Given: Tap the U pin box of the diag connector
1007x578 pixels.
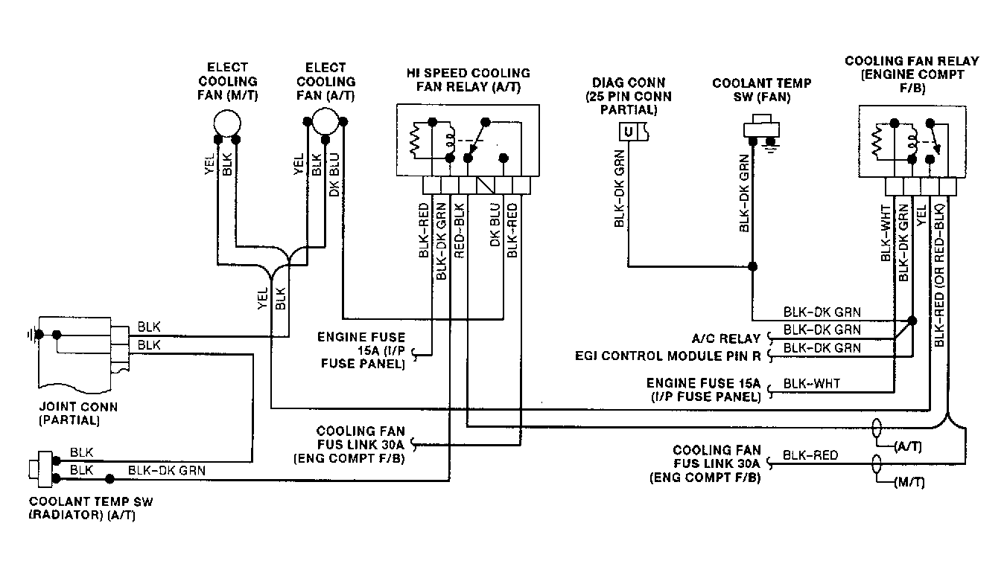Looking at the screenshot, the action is (x=628, y=132).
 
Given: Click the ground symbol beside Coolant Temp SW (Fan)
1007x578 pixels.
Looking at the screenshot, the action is (x=772, y=144).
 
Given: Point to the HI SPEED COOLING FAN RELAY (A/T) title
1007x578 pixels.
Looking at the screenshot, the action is (x=468, y=80).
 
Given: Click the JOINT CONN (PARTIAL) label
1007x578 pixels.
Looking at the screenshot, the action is (x=78, y=414).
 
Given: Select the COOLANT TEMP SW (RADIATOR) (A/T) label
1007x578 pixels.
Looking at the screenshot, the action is (x=91, y=508).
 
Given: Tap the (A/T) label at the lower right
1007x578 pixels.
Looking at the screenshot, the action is (x=908, y=447).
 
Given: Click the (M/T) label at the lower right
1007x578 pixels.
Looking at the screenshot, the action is (x=909, y=483).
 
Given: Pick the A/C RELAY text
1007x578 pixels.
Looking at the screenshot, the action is (x=726, y=338).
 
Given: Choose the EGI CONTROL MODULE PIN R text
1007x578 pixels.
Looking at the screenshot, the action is (x=667, y=356).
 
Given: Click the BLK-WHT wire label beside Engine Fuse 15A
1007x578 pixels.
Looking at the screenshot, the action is (x=811, y=384).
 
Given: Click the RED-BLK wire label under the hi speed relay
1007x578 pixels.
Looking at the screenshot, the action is (x=459, y=231).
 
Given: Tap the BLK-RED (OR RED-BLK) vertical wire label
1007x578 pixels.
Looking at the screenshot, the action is (x=939, y=274).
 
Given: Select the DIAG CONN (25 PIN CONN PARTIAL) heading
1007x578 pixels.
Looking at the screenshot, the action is (x=628, y=96).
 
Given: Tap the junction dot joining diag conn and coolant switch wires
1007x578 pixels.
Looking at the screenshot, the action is (x=752, y=266).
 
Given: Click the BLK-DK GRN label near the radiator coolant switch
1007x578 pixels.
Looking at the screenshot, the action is (x=167, y=470).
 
